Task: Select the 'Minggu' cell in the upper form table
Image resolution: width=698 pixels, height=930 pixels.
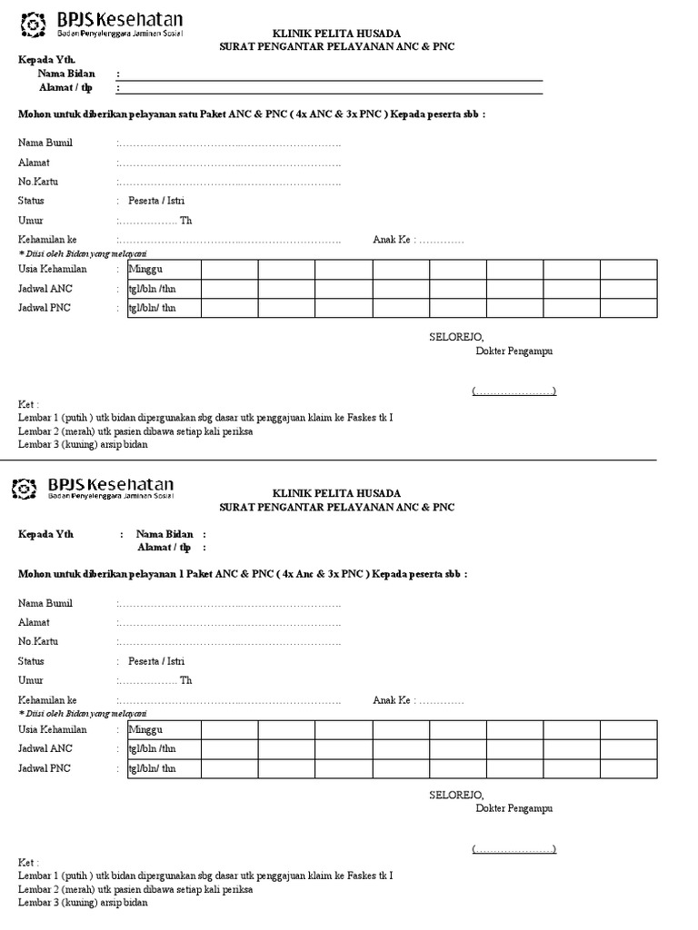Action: [145, 270]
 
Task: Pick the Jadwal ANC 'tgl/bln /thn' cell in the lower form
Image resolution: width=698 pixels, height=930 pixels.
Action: [153, 750]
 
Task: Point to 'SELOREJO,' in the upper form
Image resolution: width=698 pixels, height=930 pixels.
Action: [450, 337]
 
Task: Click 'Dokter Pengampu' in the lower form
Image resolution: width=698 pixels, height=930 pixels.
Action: [514, 808]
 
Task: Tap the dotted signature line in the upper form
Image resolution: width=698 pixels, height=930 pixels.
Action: [514, 391]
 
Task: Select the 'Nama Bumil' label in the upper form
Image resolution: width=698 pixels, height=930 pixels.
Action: [45, 143]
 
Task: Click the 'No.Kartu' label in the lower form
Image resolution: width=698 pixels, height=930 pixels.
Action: [37, 642]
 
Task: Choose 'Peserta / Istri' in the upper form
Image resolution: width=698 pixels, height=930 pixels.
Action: [156, 201]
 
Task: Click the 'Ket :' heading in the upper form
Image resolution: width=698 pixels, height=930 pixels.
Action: [29, 404]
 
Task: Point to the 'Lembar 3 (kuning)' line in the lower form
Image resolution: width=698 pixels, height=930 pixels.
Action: [83, 903]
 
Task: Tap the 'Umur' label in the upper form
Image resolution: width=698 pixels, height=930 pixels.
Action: [31, 221]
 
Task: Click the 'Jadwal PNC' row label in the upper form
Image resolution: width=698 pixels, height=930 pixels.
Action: [45, 308]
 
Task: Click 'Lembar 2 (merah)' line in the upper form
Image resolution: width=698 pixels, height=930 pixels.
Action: [135, 431]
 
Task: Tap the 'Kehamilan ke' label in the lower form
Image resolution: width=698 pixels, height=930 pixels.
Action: [47, 701]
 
